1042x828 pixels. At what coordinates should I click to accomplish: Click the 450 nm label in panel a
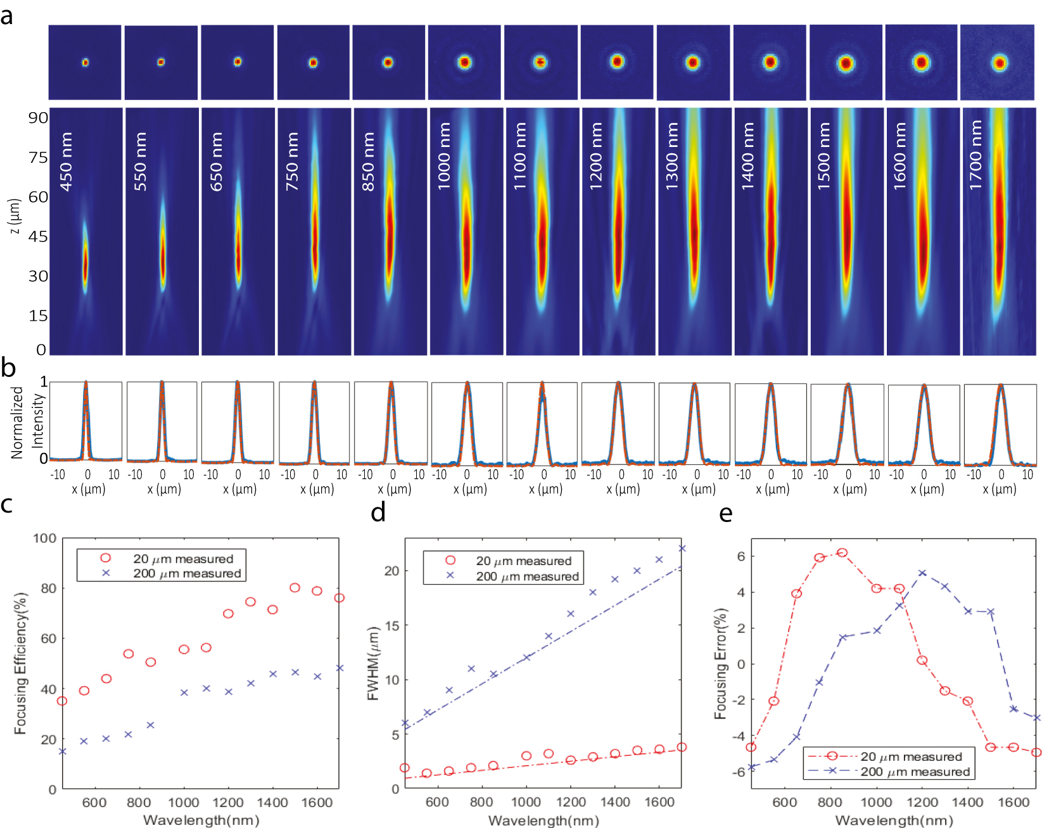click(x=66, y=162)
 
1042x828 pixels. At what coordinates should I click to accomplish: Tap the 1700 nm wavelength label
click(x=976, y=156)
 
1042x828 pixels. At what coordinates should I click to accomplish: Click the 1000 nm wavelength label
click(x=444, y=156)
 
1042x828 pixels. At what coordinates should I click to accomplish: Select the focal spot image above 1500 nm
click(x=846, y=63)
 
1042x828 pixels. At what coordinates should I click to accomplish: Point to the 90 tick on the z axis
click(x=37, y=117)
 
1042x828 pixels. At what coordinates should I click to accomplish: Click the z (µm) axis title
click(x=16, y=216)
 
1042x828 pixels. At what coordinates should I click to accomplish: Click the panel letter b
click(x=8, y=368)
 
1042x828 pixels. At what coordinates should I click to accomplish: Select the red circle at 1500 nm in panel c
click(x=295, y=588)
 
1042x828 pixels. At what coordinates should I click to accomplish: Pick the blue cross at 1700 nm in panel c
click(x=340, y=668)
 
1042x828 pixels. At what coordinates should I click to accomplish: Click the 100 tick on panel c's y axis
click(x=44, y=538)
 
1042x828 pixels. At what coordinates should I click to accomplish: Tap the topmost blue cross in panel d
click(x=682, y=549)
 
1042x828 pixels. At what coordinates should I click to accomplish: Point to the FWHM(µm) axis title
click(x=372, y=663)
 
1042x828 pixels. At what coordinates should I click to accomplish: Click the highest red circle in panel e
click(x=842, y=553)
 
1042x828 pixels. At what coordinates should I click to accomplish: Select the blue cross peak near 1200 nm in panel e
click(x=922, y=573)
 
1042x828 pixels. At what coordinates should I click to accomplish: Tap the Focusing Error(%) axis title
click(x=720, y=663)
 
